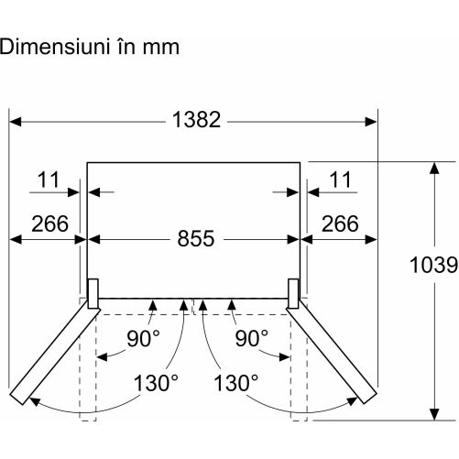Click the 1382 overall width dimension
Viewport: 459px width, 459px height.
196,119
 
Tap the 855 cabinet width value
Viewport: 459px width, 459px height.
196,238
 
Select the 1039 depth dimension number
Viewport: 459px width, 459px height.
433,265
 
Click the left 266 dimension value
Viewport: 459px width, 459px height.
49,224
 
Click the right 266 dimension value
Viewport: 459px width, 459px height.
340,224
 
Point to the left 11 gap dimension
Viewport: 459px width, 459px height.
49,180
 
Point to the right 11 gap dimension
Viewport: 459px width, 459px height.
340,180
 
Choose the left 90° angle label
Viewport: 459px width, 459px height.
143,338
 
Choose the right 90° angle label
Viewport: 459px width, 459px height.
251,338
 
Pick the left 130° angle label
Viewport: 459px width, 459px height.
156,383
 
